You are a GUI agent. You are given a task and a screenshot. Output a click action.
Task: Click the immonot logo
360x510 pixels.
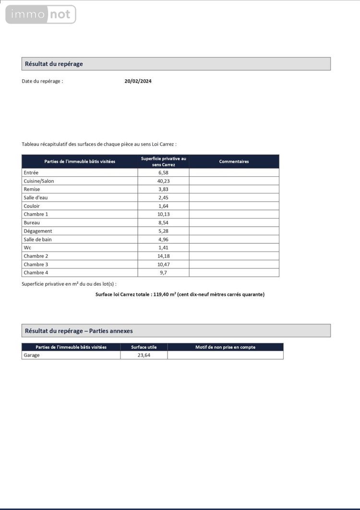pyautogui.click(x=41, y=14)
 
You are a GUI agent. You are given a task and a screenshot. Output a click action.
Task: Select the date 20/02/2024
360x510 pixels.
pyautogui.click(x=138, y=81)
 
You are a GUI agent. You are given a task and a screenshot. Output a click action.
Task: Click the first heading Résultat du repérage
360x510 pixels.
pyautogui.click(x=54, y=64)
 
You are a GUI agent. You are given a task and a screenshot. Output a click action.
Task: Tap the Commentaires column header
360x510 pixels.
pyautogui.click(x=234, y=161)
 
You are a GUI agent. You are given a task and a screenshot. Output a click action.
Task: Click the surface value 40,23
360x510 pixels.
pyautogui.click(x=164, y=181)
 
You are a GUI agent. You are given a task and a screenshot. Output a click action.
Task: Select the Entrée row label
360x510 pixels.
pyautogui.click(x=31, y=172)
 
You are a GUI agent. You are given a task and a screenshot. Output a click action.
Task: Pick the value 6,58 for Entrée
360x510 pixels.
pyautogui.click(x=164, y=172)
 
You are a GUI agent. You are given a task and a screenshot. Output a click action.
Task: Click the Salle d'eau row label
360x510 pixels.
pyautogui.click(x=36, y=197)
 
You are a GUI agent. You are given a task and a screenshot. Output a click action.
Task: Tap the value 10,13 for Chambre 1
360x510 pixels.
pyautogui.click(x=164, y=214)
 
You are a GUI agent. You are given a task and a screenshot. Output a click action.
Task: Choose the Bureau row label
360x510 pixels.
pyautogui.click(x=32, y=223)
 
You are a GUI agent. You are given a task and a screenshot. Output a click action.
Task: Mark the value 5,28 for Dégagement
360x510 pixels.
pyautogui.click(x=164, y=231)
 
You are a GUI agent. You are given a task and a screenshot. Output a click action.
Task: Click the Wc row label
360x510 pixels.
pyautogui.click(x=27, y=248)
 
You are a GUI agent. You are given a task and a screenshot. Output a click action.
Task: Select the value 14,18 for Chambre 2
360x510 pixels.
pyautogui.click(x=164, y=256)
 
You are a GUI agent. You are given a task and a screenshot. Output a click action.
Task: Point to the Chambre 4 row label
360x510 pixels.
pyautogui.click(x=36, y=273)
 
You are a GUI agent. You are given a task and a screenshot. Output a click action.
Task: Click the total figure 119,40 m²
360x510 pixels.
pyautogui.click(x=163, y=294)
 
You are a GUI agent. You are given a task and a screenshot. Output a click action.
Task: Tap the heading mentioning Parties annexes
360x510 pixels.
pyautogui.click(x=79, y=331)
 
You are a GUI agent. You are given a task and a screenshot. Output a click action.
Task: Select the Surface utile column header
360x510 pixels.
pyautogui.click(x=144, y=347)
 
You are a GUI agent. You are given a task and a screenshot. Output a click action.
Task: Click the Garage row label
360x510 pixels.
pyautogui.click(x=32, y=355)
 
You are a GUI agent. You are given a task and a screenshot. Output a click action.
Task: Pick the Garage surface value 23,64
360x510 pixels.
pyautogui.click(x=144, y=355)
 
